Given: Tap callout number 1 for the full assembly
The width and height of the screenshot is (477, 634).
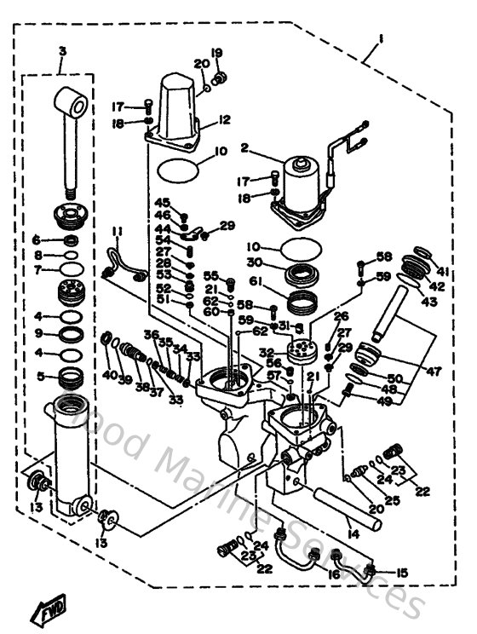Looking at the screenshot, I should click(380, 38).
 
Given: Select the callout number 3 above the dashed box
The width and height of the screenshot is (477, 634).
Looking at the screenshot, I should click(61, 53).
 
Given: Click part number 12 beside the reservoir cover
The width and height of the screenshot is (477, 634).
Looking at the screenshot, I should click(225, 119).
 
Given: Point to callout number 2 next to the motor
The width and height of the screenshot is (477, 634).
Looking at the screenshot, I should click(244, 147).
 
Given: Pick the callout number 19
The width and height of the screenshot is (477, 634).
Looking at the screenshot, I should click(216, 54).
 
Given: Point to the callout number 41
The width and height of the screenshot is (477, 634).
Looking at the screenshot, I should click(443, 272).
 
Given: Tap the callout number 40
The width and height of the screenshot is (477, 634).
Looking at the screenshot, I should click(109, 374).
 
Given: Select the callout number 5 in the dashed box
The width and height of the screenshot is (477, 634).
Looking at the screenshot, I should click(37, 374).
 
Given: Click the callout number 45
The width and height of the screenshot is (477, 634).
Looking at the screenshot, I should click(164, 201).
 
